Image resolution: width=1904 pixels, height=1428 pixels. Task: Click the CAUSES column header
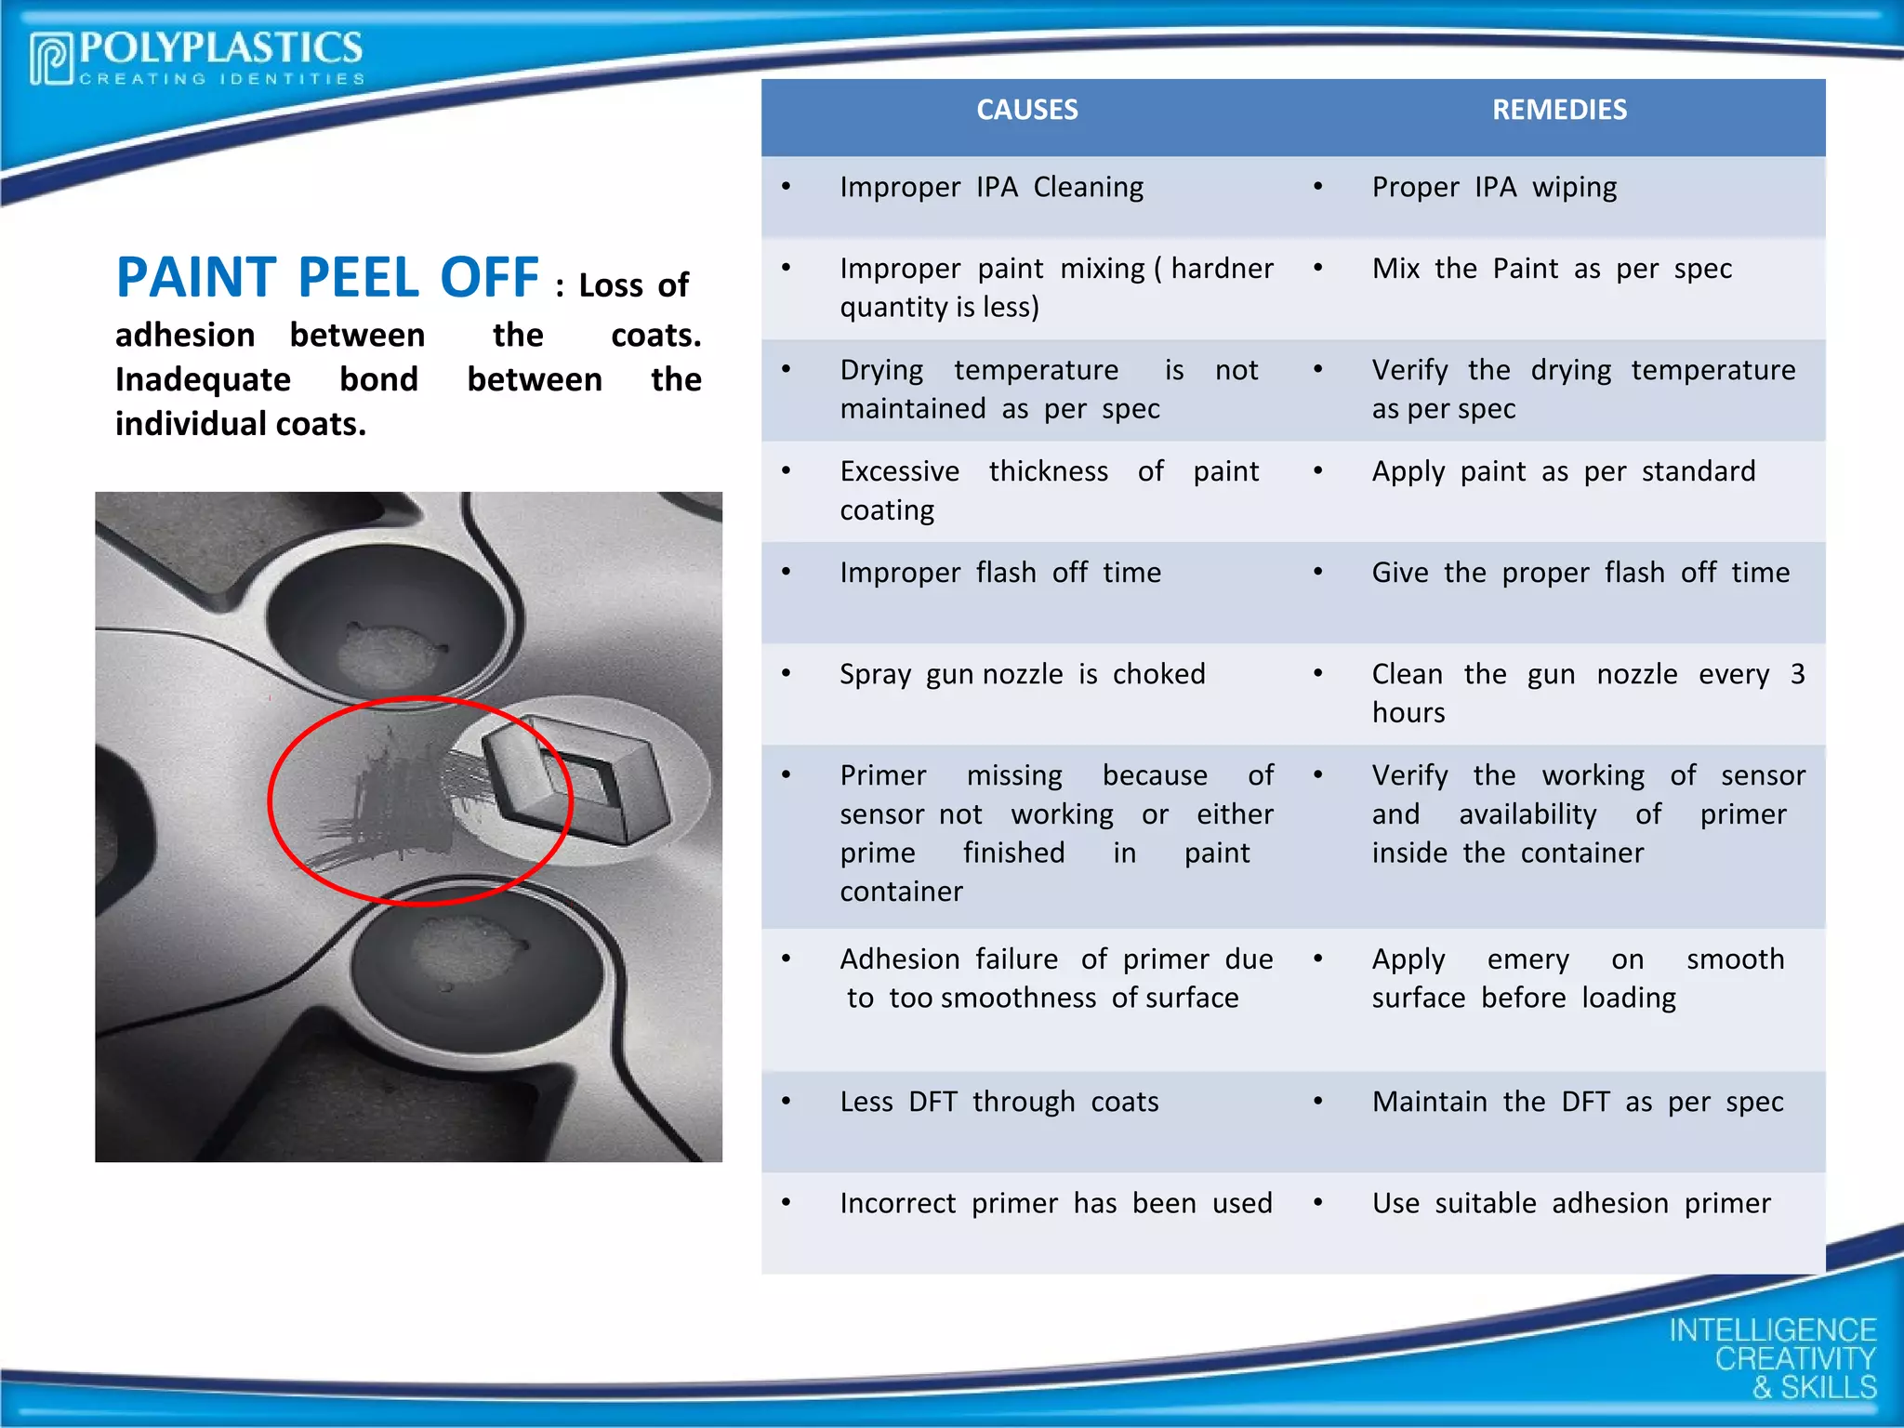click(x=1026, y=110)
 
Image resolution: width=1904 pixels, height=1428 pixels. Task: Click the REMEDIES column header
click(x=1559, y=110)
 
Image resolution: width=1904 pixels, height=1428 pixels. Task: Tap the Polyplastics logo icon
click(x=51, y=59)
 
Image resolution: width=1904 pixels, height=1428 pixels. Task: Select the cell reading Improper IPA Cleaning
click(x=991, y=188)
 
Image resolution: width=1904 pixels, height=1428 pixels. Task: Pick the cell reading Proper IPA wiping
click(x=1494, y=188)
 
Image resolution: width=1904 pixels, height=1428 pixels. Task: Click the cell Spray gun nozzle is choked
click(x=1022, y=674)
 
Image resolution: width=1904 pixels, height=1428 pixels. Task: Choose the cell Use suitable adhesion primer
click(x=1571, y=1203)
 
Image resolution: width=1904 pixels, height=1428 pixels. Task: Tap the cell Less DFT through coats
click(x=998, y=1102)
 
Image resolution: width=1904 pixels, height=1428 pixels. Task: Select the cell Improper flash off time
click(x=1000, y=573)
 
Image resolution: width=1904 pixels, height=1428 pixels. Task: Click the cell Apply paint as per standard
click(x=1564, y=471)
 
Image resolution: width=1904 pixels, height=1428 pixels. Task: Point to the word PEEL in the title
click(x=358, y=277)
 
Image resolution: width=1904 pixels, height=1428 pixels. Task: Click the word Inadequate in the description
click(x=203, y=379)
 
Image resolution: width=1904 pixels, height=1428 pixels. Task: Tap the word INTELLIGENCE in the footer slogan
click(x=1772, y=1330)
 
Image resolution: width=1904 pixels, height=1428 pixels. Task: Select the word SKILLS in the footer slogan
click(x=1828, y=1387)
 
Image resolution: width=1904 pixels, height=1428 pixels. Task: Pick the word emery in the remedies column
click(x=1527, y=959)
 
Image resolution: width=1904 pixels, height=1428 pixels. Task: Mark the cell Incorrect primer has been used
click(x=1055, y=1203)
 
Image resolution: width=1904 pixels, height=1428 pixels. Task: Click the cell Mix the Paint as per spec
click(x=1552, y=269)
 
